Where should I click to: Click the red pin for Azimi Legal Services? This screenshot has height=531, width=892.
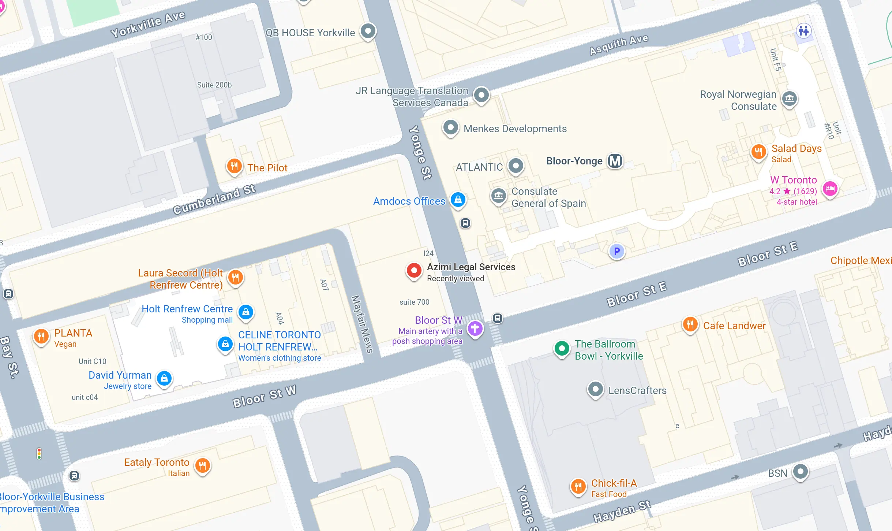click(414, 271)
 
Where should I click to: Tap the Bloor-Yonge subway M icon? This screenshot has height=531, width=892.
click(615, 161)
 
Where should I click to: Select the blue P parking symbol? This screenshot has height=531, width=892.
click(617, 251)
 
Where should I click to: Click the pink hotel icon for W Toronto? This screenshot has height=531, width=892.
click(830, 189)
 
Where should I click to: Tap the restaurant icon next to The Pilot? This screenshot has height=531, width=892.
click(234, 166)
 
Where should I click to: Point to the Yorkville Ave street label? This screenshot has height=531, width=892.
click(148, 24)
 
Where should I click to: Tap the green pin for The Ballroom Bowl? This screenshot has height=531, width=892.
click(562, 348)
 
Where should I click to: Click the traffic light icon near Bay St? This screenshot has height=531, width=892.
click(39, 454)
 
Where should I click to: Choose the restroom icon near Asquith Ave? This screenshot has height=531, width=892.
click(803, 31)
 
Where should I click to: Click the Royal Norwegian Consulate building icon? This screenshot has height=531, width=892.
click(789, 99)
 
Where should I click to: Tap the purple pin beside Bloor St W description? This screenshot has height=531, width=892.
click(475, 328)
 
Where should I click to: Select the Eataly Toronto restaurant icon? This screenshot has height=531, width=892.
click(202, 466)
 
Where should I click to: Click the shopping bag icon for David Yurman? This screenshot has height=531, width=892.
click(164, 378)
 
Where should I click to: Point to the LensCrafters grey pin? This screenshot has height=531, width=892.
click(595, 389)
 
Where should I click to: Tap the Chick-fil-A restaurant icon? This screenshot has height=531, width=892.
click(578, 486)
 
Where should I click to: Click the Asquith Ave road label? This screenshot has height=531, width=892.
click(619, 45)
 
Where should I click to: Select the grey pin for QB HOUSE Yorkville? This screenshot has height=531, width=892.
click(368, 31)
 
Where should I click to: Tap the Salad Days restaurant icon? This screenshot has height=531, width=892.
click(758, 152)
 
